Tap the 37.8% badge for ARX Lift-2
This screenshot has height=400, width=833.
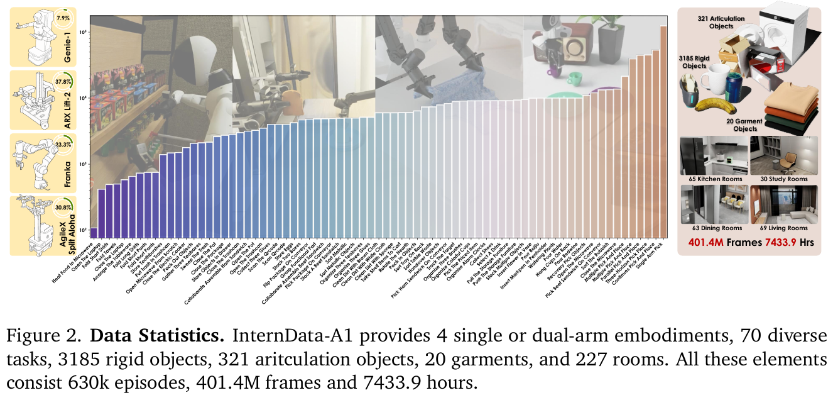point(63,81)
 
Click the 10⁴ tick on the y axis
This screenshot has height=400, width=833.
point(82,97)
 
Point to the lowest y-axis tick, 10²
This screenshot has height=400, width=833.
point(82,231)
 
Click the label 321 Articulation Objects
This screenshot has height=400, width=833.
point(721,23)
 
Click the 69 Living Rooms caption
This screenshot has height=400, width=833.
point(784,228)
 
